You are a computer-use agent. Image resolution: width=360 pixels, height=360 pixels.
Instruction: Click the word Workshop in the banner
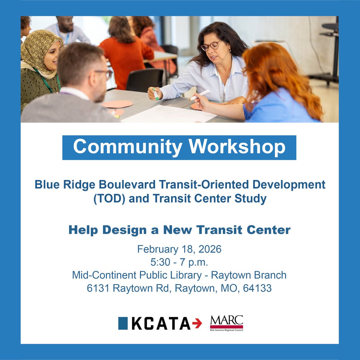237,147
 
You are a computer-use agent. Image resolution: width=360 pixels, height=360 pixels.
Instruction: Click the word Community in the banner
127,147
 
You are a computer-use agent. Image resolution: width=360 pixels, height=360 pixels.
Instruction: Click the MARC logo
226,323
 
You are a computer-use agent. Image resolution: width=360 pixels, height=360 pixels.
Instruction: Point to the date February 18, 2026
179,249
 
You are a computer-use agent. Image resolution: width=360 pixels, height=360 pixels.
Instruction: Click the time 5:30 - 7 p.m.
179,262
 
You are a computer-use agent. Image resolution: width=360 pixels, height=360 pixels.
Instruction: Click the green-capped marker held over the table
156,94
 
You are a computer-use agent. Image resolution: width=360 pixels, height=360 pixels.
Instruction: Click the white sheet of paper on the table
168,114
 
